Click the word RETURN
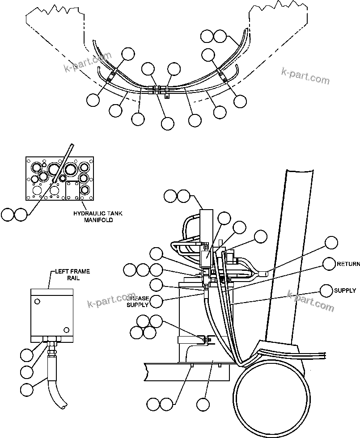pos(348,264)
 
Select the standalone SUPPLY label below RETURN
pos(345,291)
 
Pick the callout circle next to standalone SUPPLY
pos(326,291)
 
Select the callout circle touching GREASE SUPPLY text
pos(156,301)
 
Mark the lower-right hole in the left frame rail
pos(66,330)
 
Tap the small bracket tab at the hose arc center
pos(166,95)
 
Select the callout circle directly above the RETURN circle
pos(331,243)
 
